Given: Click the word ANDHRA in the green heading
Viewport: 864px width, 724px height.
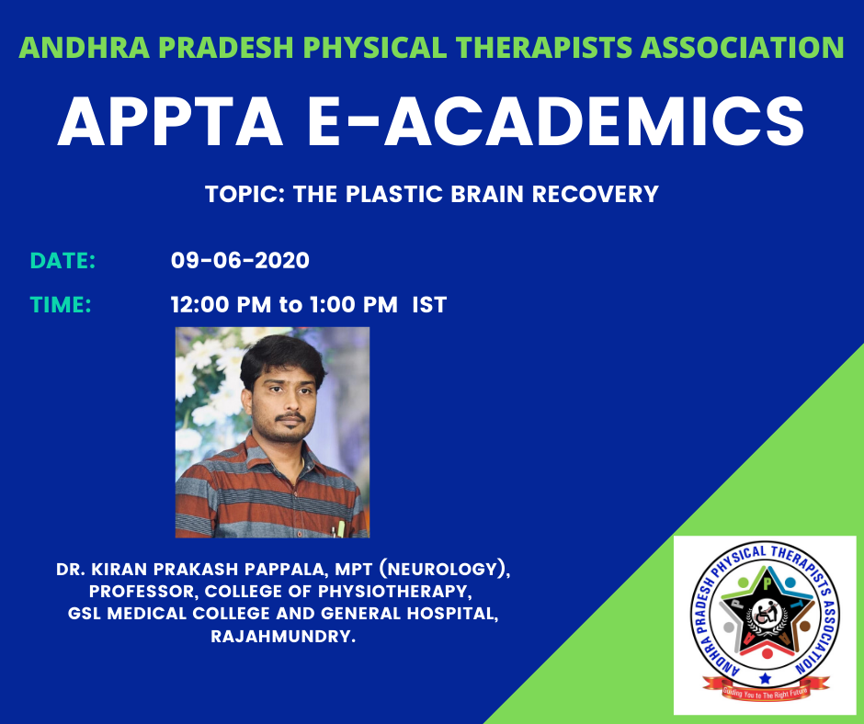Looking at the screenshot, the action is (85, 48).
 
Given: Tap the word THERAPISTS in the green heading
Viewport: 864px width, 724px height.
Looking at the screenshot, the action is (544, 48).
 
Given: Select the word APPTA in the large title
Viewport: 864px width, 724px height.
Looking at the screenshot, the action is (170, 121).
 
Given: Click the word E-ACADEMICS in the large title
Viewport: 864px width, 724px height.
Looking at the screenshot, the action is (556, 121).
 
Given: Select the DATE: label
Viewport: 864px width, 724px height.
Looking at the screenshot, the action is (63, 261).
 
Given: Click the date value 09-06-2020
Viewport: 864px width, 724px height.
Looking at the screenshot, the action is (240, 261).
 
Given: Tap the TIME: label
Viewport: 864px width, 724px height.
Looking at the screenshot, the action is (61, 305).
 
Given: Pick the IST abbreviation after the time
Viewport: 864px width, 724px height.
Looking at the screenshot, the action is (429, 305).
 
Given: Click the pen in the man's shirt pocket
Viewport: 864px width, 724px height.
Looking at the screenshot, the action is (340, 529).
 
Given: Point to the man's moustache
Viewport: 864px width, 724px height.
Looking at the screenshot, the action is (290, 416).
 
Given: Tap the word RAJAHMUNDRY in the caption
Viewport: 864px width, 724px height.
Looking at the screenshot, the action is (283, 637).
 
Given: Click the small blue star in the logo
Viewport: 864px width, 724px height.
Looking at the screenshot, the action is (765, 677).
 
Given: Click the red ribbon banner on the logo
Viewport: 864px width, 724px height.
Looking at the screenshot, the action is (766, 690).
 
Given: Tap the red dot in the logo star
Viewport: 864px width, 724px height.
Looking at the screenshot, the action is (767, 653).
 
